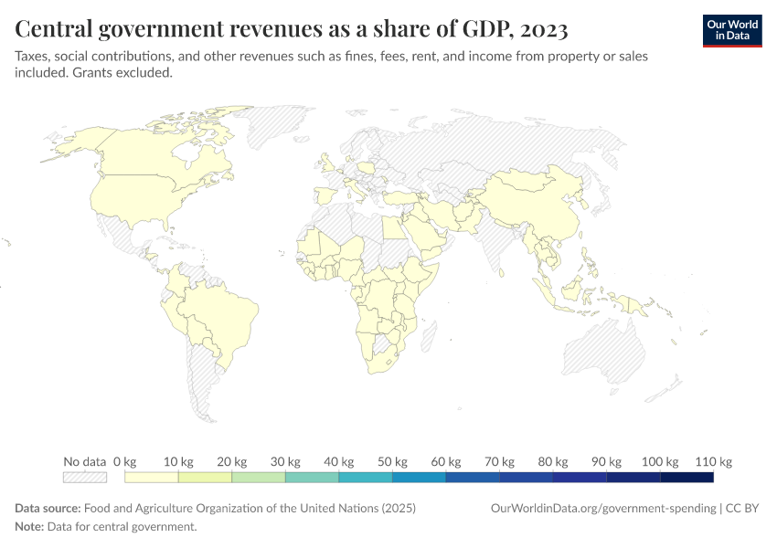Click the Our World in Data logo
pyautogui.click(x=731, y=30)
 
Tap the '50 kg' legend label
pyautogui.click(x=392, y=461)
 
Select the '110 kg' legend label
pyautogui.click(x=713, y=461)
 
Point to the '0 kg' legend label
pyautogui.click(x=124, y=461)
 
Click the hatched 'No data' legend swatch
pyautogui.click(x=85, y=477)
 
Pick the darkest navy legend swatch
pyautogui.click(x=687, y=477)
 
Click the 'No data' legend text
pyautogui.click(x=85, y=461)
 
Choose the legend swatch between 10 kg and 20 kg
pyautogui.click(x=205, y=477)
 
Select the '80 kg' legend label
pyautogui.click(x=553, y=461)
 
